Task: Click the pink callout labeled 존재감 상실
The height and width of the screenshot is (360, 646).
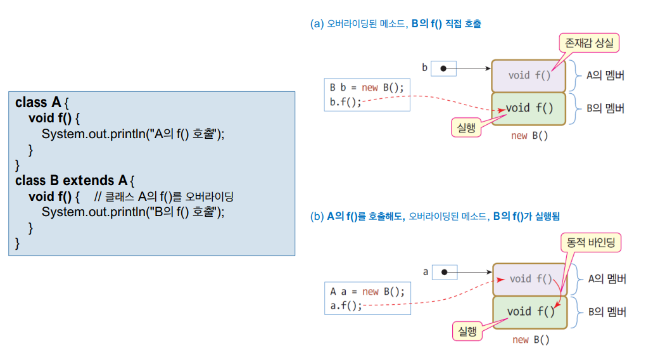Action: [x=588, y=43]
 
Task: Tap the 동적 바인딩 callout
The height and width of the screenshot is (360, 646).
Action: [x=592, y=242]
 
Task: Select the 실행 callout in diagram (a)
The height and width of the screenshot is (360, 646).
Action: [x=465, y=127]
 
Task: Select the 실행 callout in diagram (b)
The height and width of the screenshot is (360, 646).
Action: [x=467, y=330]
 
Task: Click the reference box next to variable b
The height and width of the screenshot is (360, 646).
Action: [x=443, y=68]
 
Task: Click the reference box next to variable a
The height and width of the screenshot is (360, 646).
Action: [x=444, y=273]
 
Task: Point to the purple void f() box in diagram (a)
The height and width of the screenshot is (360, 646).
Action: [x=529, y=75]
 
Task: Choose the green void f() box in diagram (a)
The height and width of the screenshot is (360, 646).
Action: [x=529, y=108]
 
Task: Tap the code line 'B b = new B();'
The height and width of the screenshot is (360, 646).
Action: [x=366, y=87]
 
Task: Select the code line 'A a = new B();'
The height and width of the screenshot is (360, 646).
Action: [x=367, y=292]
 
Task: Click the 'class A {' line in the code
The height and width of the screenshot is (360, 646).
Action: [x=41, y=103]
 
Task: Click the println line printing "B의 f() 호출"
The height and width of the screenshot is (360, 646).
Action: [x=133, y=212]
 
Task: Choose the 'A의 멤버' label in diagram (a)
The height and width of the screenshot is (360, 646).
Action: [x=605, y=75]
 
